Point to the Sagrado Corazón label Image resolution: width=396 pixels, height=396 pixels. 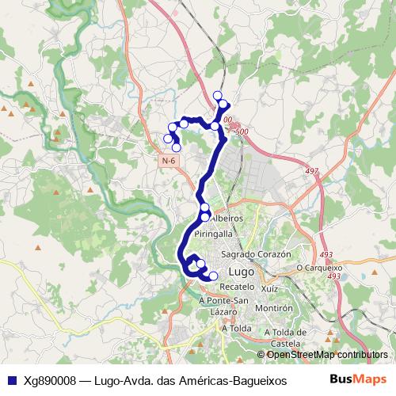point(257,254)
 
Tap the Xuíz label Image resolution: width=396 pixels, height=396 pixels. point(269,290)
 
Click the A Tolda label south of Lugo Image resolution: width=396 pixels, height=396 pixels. point(237,327)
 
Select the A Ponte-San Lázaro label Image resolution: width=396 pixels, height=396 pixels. point(224,306)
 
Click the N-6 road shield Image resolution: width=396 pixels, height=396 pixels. point(168,160)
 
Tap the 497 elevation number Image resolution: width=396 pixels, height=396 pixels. point(310,170)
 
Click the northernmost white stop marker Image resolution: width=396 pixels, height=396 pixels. point(218,95)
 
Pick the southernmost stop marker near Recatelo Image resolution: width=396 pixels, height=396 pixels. point(213,276)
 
